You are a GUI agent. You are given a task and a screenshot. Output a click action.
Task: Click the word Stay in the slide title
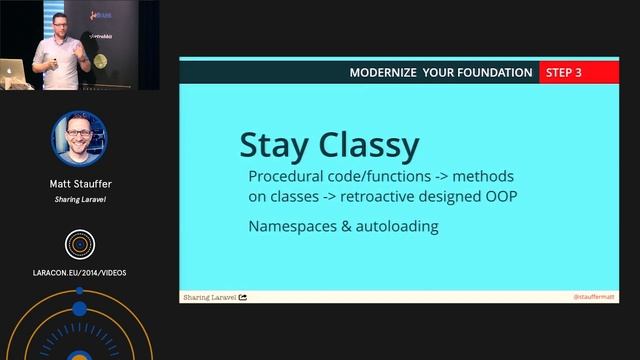(x=273, y=145)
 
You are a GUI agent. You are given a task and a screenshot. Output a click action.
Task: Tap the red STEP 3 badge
(x=564, y=72)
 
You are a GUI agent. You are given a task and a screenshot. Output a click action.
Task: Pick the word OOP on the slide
(x=497, y=196)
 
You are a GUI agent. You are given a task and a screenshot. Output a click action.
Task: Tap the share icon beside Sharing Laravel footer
(x=243, y=297)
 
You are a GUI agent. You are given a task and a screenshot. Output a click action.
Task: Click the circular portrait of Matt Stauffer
(x=79, y=138)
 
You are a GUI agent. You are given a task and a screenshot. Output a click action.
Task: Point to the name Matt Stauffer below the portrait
(x=79, y=184)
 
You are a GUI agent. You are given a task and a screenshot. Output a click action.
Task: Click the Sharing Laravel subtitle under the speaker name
(x=79, y=199)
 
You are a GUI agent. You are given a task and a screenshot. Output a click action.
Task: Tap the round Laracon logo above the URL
(x=79, y=243)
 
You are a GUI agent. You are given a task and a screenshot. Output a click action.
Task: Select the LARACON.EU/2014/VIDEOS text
(x=79, y=272)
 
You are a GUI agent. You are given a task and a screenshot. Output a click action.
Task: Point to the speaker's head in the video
(x=55, y=23)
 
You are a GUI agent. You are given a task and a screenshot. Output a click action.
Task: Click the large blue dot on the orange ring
(x=79, y=291)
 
